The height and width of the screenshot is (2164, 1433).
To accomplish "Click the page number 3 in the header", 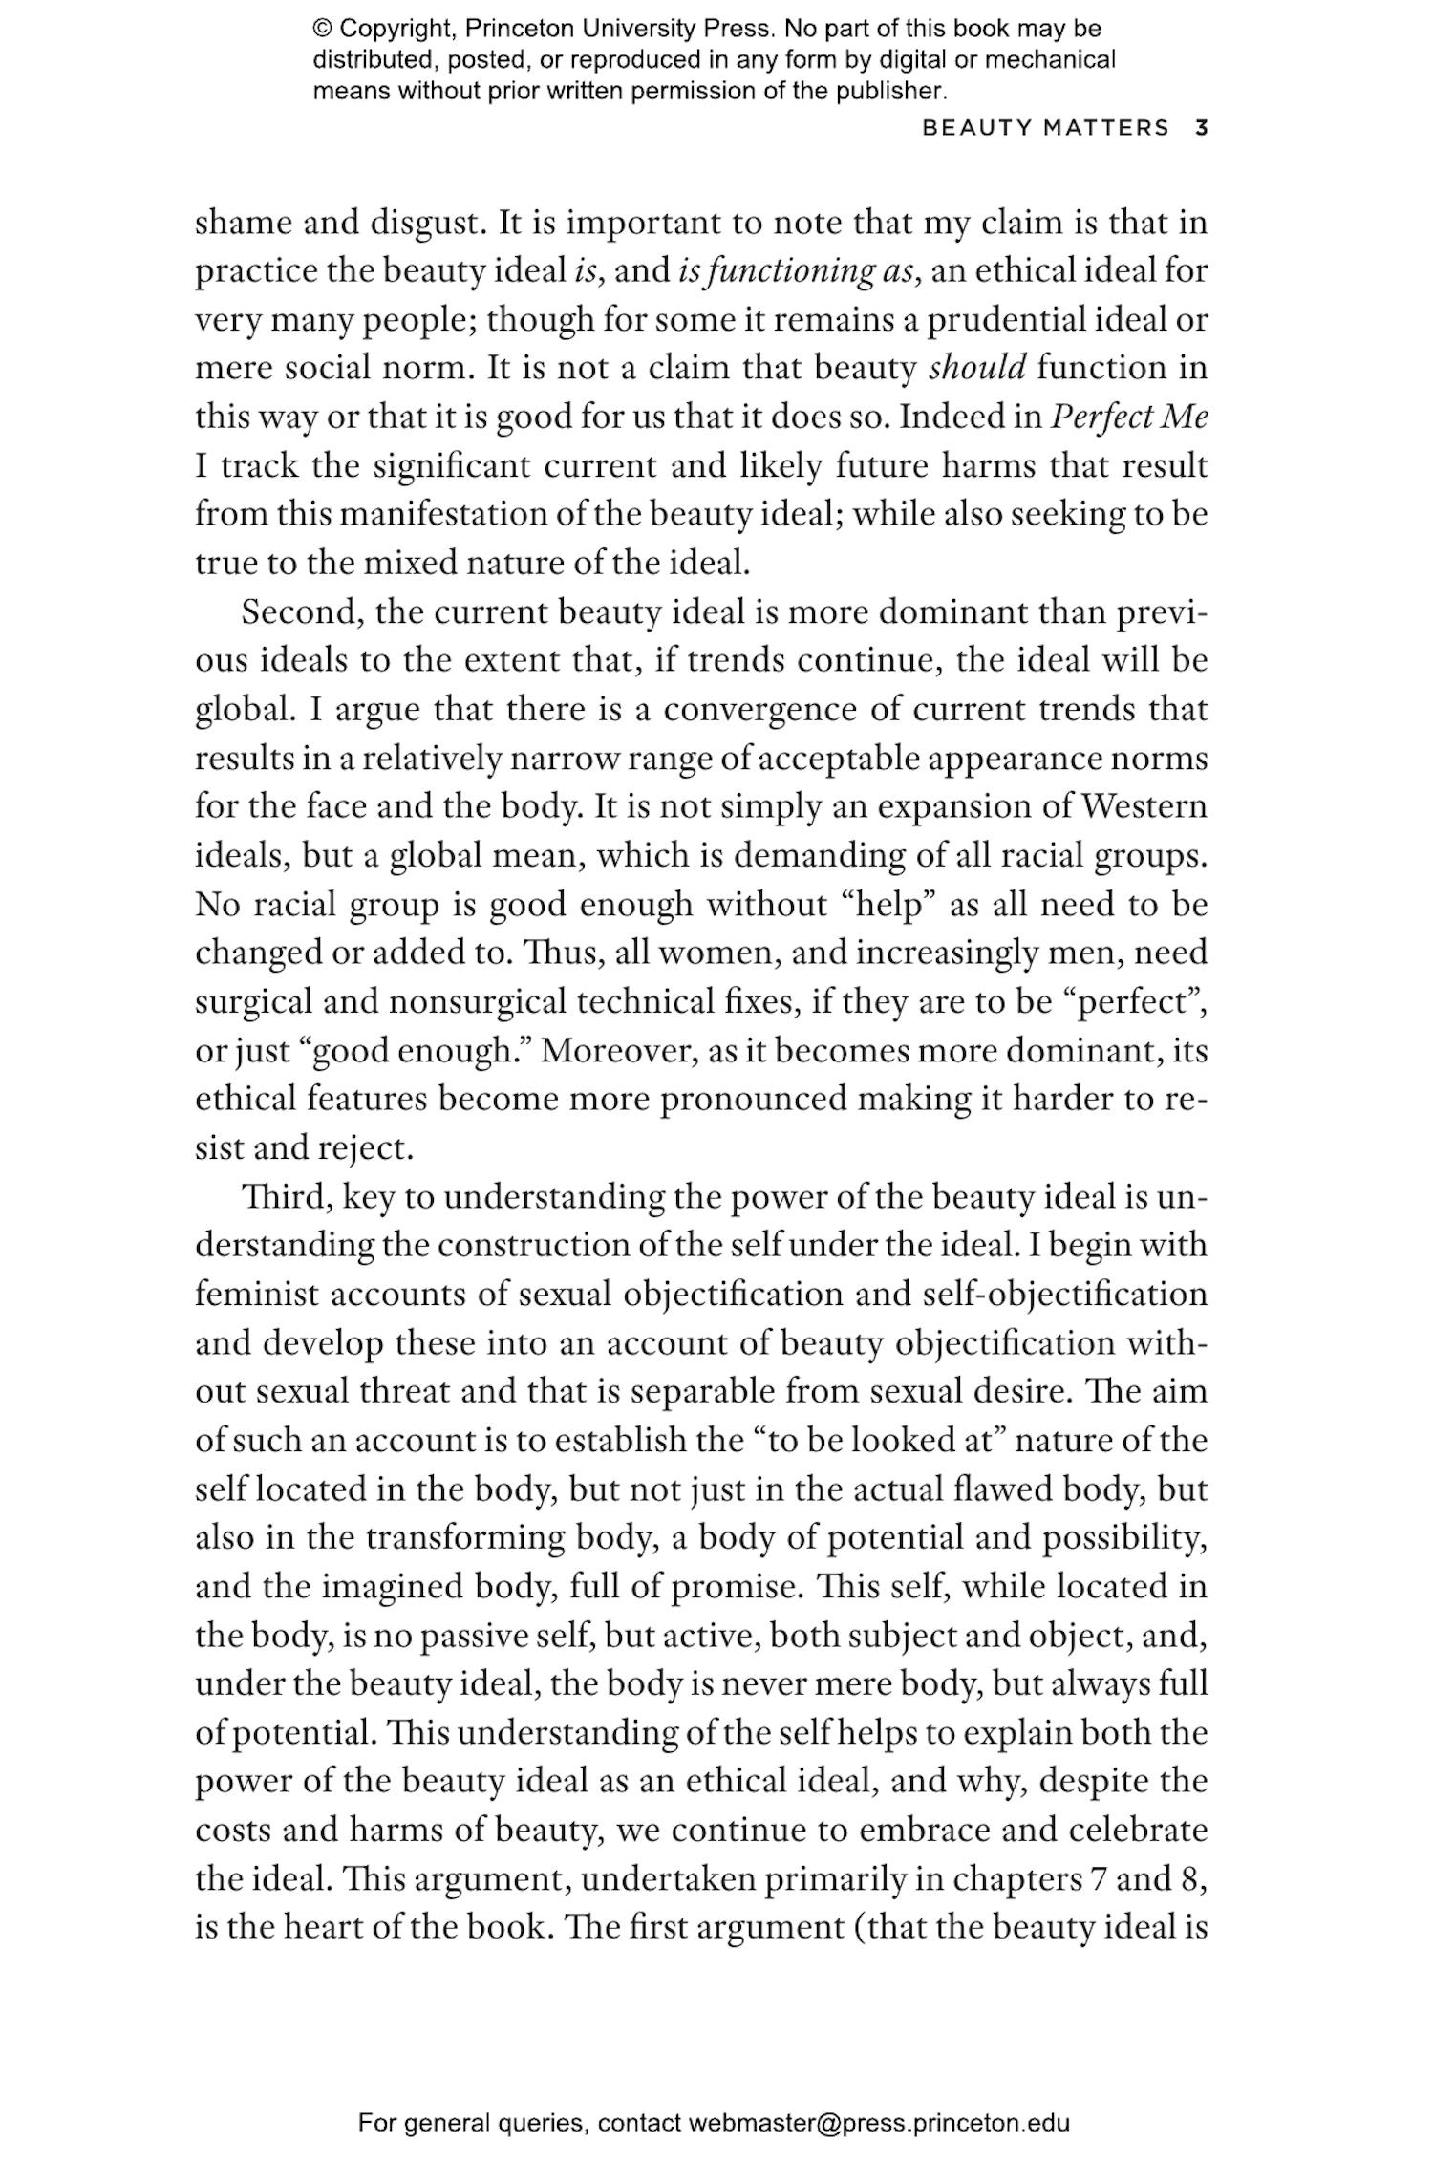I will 1202,128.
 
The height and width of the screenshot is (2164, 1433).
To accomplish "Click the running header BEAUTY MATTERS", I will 1045,128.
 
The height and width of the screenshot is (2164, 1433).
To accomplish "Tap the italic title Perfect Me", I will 1128,418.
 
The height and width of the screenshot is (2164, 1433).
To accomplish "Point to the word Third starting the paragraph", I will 286,1197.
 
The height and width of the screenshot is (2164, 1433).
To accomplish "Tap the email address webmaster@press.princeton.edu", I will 878,2124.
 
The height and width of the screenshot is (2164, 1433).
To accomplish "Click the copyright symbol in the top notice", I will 322,29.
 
